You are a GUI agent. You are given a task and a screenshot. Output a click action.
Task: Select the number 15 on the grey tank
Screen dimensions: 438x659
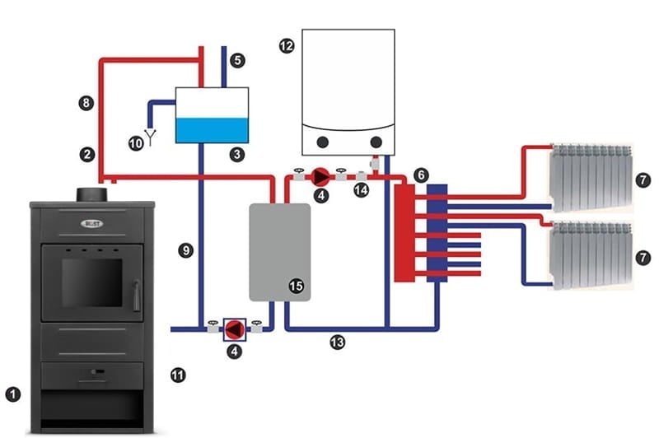point(296,286)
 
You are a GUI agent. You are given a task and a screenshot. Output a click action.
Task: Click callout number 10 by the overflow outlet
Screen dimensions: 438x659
point(136,142)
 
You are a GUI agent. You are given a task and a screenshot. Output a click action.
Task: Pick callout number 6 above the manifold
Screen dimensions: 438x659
point(421,175)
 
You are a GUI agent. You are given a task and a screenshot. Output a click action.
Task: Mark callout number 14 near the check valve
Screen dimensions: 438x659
point(358,190)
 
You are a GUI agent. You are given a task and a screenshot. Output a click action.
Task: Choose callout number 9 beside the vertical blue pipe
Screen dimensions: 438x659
point(187,250)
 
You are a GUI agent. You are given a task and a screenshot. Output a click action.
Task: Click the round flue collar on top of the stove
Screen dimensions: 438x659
point(90,195)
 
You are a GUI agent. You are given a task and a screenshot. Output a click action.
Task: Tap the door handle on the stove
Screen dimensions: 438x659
point(137,292)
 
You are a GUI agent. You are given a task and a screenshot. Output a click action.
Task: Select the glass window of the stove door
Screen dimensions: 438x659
point(91,283)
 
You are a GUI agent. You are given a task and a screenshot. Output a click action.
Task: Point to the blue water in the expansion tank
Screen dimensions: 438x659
point(213,129)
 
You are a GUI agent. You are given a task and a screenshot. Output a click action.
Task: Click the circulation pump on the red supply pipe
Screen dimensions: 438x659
point(320,176)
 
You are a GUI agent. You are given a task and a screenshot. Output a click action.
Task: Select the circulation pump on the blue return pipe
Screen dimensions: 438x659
point(235,329)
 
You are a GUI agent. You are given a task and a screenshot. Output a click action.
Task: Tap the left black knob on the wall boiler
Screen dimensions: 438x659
point(324,142)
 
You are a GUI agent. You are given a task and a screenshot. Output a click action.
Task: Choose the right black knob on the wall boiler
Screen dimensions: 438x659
point(376,142)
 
